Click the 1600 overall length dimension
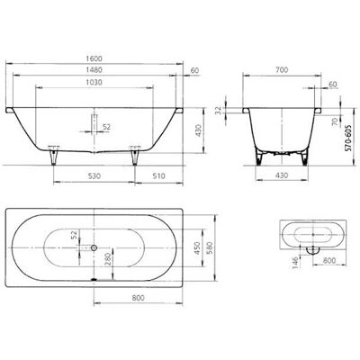pos(94,58)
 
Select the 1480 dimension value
pos(94,70)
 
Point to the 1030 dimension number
pos(94,82)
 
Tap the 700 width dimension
pos(282,70)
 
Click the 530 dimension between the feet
pos(94,175)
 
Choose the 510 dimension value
pos(158,175)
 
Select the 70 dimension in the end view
pos(336,121)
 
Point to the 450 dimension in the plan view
pos(197,248)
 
